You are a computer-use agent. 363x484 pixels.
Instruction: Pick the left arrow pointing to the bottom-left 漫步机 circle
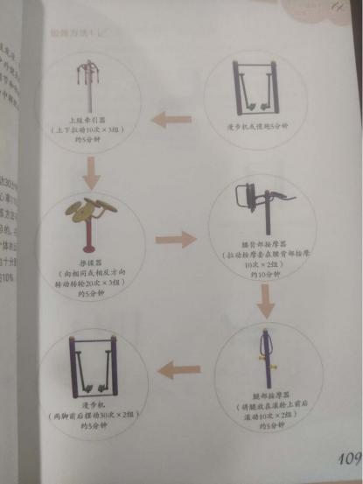coord(184,372)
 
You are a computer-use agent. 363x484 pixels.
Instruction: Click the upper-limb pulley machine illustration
coord(87,83)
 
